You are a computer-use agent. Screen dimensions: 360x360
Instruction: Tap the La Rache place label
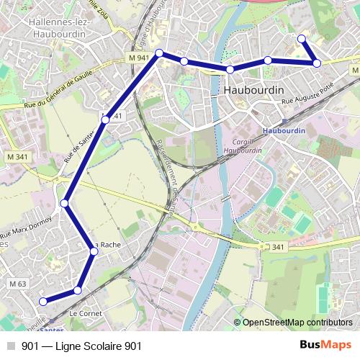click(x=108, y=245)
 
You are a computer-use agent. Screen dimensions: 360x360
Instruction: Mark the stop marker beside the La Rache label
click(x=94, y=251)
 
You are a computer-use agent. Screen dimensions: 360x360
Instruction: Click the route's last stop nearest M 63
click(x=42, y=301)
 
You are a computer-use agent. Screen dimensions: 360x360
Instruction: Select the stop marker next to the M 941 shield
click(x=160, y=53)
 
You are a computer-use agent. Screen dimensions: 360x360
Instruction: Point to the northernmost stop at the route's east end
click(x=302, y=39)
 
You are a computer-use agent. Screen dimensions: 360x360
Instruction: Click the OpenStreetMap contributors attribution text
click(x=297, y=323)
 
